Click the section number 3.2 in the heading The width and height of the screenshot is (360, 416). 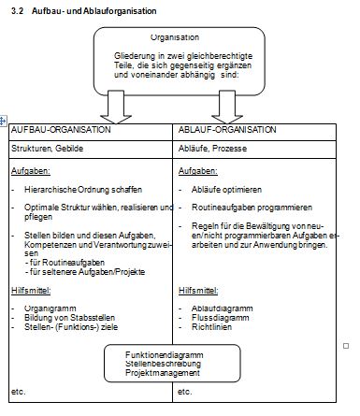click(17, 11)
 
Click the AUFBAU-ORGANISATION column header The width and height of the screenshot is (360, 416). click(61, 130)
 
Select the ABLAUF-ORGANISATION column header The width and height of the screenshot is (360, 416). click(227, 130)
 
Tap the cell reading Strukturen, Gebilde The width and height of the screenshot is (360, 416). click(47, 149)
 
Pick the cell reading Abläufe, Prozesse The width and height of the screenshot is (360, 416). click(212, 149)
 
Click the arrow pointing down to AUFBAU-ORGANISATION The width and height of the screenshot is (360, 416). click(116, 108)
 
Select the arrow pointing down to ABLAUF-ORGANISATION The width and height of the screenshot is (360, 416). click(227, 108)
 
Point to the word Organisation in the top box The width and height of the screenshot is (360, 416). click(175, 37)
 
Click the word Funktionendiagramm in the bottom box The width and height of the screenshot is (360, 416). click(165, 355)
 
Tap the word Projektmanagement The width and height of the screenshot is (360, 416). click(163, 373)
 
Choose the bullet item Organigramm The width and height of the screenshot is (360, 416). click(50, 308)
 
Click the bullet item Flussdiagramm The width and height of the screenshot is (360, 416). click(221, 318)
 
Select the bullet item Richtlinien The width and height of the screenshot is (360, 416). click(211, 327)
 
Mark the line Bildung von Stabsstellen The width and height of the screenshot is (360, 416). click(69, 318)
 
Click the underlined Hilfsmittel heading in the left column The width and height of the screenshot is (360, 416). click(31, 291)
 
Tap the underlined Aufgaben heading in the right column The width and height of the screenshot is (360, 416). click(198, 171)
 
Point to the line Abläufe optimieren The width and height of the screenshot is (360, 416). click(226, 190)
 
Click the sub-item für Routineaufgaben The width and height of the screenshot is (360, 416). click(65, 263)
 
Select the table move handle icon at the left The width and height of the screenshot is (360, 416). click(3, 121)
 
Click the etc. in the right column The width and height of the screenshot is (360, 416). click(184, 392)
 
